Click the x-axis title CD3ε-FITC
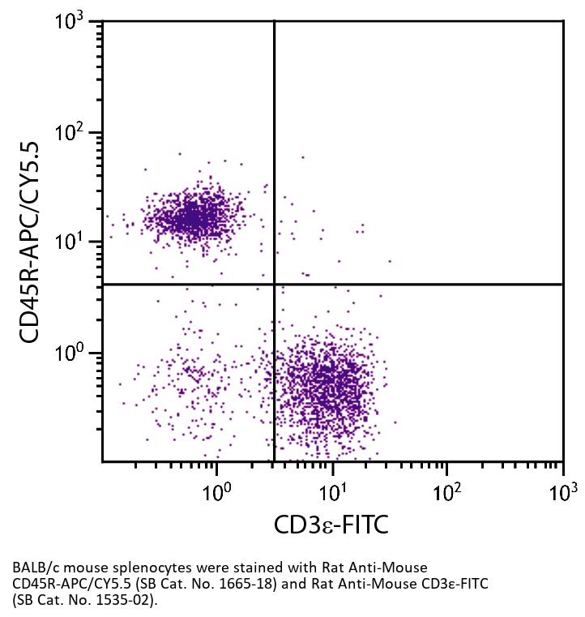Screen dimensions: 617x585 [x=331, y=525]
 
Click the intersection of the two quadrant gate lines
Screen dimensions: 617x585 [x=275, y=285]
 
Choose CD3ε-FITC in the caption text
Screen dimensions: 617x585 [x=454, y=585]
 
